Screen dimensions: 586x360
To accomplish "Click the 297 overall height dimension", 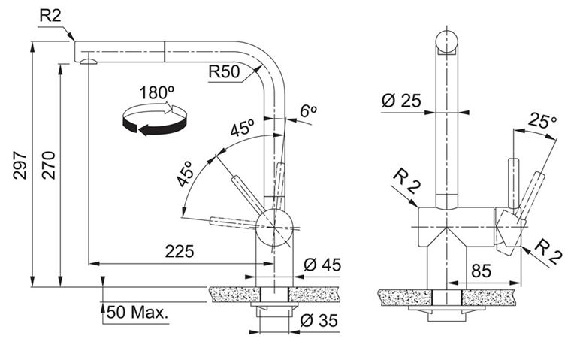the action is pos(20,165).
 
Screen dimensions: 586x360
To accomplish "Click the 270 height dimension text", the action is pos(48,165).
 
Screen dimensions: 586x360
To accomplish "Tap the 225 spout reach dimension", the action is pos(180,251).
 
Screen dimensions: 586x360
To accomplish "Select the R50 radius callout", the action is pos(224,71).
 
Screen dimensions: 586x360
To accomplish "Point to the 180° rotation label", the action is pos(157,92).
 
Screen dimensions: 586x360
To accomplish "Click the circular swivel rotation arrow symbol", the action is pos(154,119).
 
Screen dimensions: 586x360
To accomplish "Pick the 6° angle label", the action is pos(308,110).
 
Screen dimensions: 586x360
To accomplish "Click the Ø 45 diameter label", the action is pos(322,265).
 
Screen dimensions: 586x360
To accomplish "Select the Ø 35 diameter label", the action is pos(319,320).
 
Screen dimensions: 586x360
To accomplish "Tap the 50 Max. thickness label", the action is pos(137,312).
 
